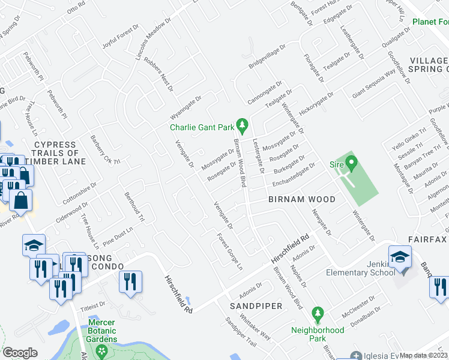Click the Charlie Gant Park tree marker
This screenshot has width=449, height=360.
243,125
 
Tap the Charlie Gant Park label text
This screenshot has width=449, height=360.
201,127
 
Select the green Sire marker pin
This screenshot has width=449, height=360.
351,162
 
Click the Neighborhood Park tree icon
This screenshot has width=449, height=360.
318,313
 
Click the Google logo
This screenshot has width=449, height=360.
20,353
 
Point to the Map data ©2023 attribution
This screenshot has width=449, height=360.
424,355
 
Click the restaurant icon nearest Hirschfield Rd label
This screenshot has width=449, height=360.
130,281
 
